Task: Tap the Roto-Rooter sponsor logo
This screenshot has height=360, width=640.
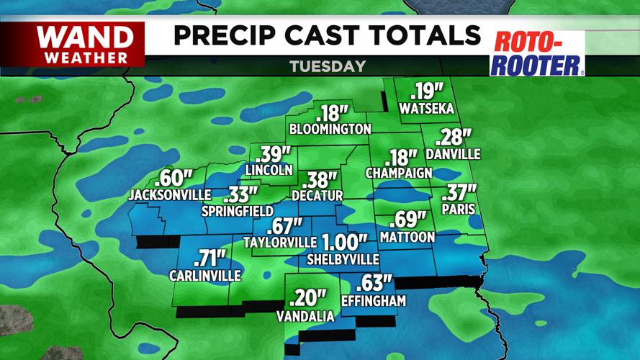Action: coord(536,53)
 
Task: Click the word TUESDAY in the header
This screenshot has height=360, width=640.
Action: coord(328,66)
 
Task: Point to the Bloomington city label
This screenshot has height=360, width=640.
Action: coord(330,129)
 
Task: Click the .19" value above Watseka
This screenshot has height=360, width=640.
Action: coord(428,91)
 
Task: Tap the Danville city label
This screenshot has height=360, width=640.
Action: coord(453,154)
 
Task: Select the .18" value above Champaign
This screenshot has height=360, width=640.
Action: coord(402,157)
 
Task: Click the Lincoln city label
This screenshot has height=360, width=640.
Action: coord(269,170)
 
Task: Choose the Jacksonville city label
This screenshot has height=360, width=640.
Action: coord(170,194)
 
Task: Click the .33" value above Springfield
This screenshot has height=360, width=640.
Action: coord(240,194)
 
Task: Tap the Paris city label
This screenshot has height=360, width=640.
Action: coord(457,210)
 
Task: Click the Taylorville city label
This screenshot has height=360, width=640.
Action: coord(280,242)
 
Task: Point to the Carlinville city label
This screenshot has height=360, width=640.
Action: coord(205,275)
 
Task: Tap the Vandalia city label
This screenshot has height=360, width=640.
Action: coord(306,316)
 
